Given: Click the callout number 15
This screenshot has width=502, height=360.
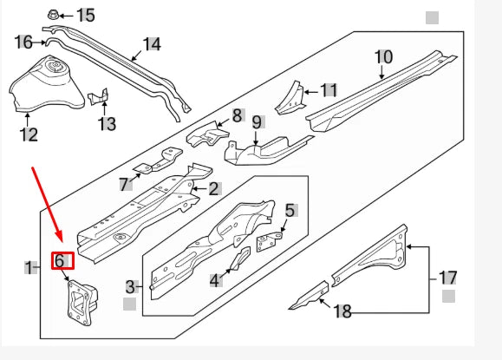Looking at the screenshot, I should point(86,15).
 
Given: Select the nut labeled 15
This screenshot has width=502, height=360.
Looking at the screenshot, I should point(52,15).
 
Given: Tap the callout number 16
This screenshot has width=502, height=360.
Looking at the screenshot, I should point(24,42).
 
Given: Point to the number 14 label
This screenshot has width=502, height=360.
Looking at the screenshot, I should point(151,44).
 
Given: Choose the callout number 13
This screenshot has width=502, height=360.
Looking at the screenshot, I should point(107,125).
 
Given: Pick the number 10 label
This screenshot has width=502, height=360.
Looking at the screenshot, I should point(383,57).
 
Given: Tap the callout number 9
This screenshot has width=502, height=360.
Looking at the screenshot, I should point(257,122).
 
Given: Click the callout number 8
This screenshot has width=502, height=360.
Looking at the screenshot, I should point(237,115).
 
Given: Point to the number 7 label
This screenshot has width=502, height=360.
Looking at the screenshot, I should point(124,184).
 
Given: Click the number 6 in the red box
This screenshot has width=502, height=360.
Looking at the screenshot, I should point(60,259).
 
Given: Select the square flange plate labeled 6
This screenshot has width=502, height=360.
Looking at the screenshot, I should point(80,304).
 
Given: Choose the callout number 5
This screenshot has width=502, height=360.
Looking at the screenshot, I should point(290,210).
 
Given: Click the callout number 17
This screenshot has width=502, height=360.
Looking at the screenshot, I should point(447,278).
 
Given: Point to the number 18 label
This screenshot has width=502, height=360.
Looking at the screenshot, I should point(344,311).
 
